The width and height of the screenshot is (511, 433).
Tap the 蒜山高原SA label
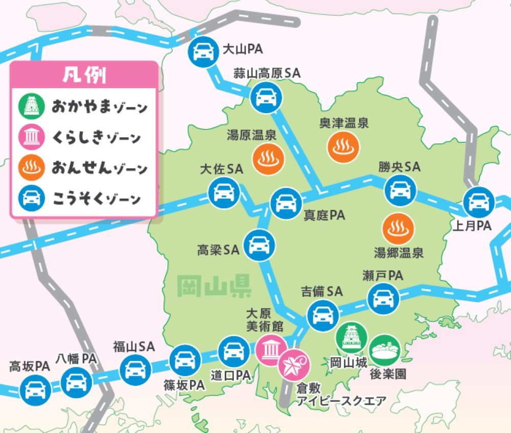(267, 73)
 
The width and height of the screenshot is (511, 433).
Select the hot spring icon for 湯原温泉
(268, 158)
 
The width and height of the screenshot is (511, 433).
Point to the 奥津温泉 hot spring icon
(342, 146)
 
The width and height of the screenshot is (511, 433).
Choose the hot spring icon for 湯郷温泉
(397, 228)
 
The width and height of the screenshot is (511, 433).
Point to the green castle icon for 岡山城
(352, 338)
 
